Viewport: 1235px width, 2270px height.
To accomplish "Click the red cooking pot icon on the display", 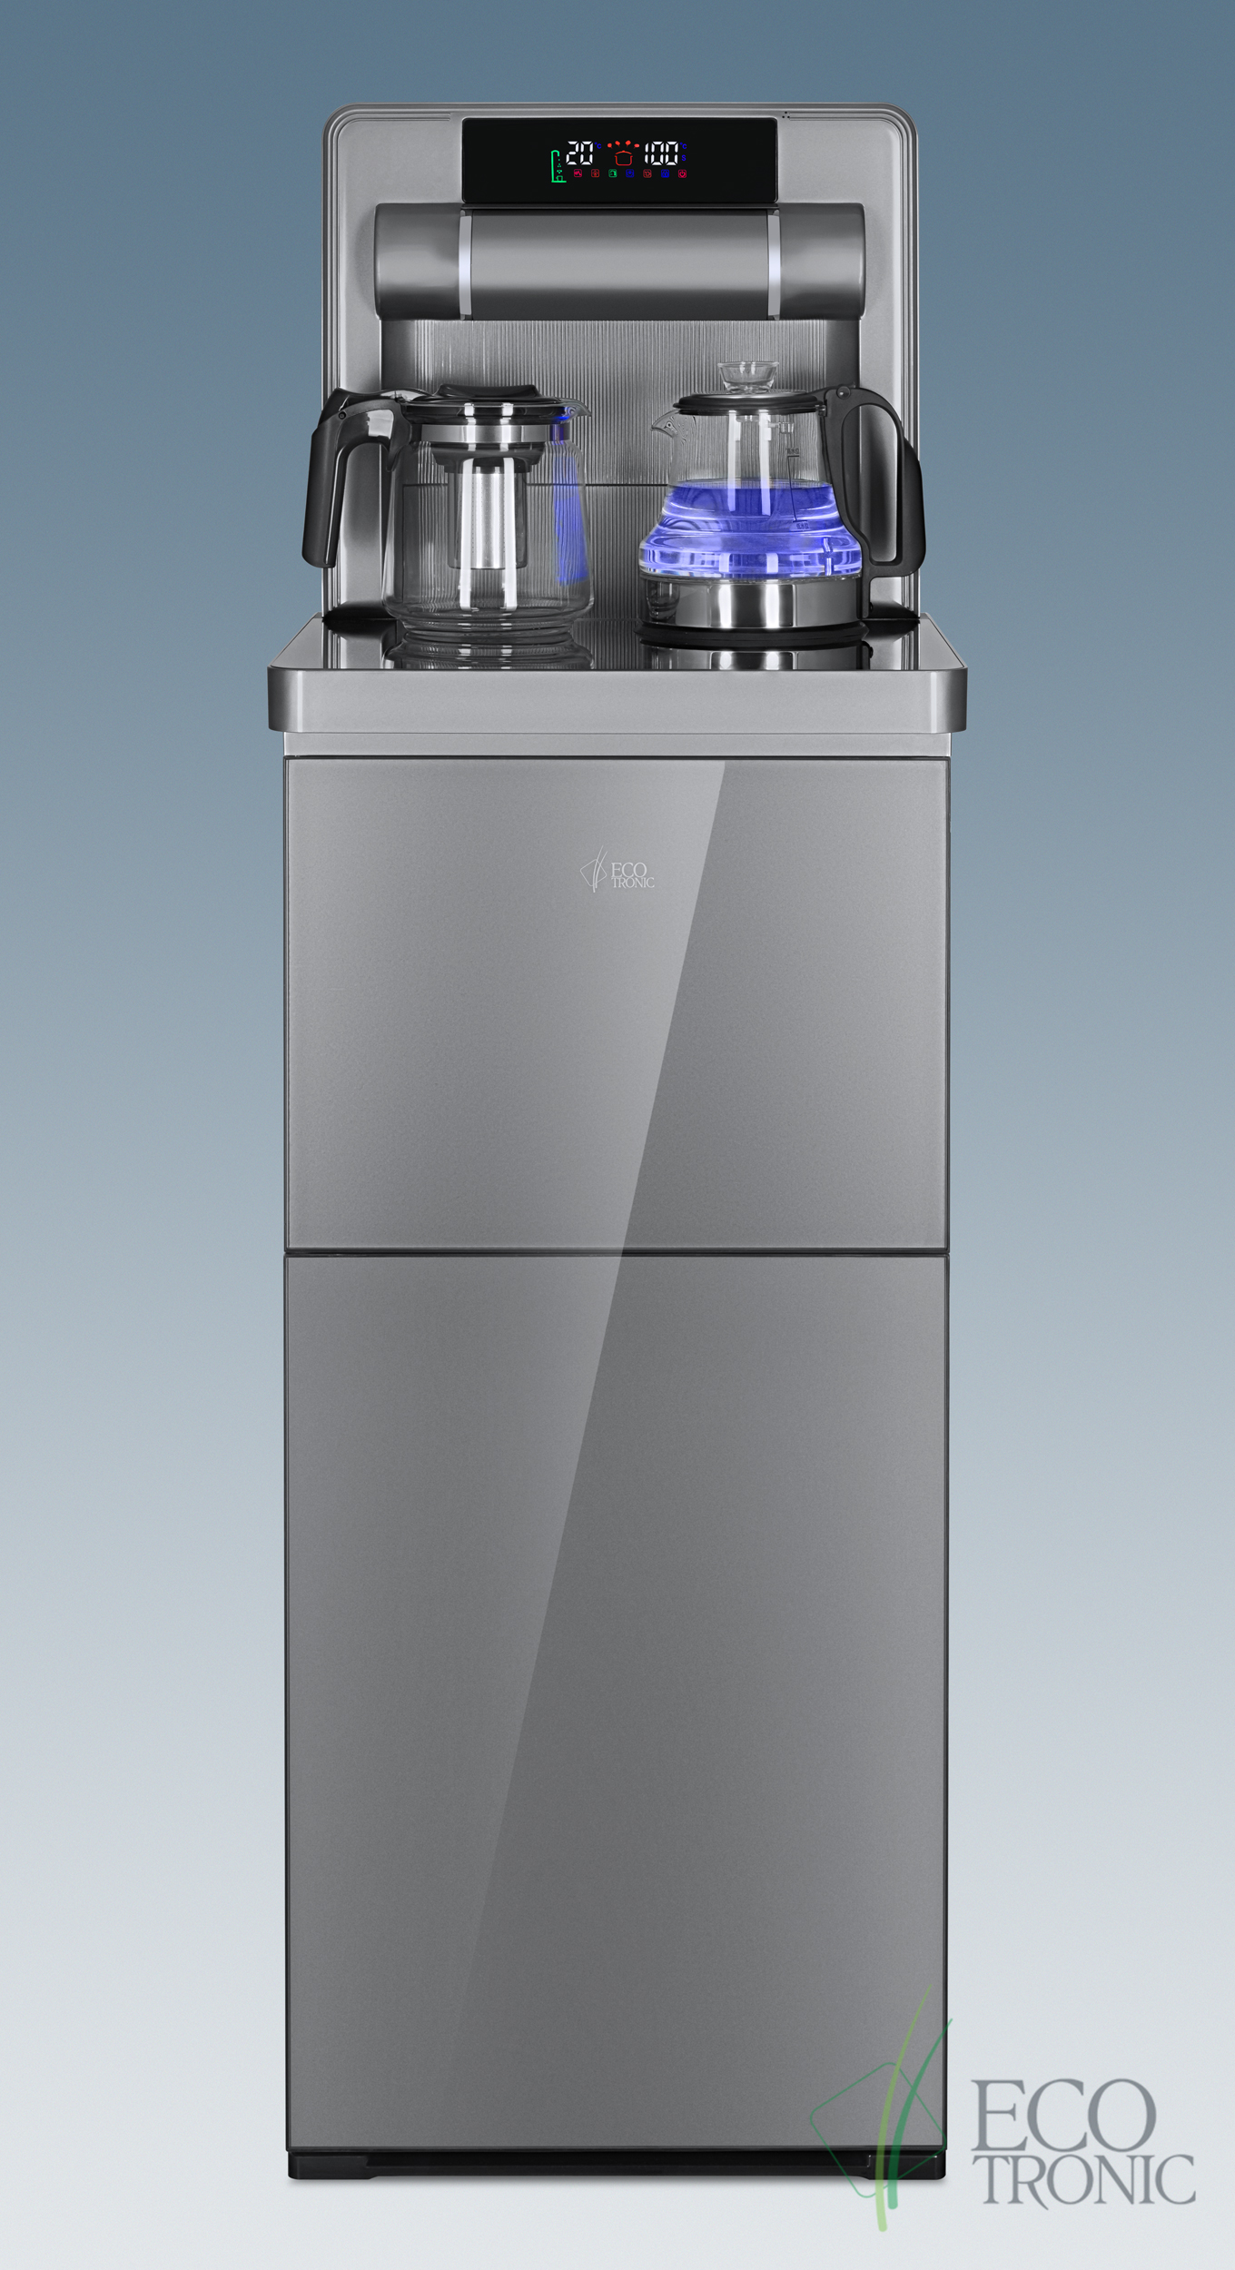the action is pos(621,153).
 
